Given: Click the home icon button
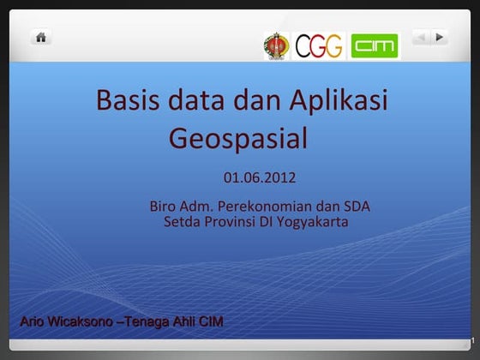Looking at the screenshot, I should [41, 37].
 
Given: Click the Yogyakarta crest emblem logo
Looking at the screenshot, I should [276, 45].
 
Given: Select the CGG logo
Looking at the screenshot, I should [319, 45].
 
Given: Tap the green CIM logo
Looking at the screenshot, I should [375, 45].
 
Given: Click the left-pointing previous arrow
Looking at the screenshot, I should [420, 37].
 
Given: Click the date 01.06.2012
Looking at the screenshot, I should [259, 179].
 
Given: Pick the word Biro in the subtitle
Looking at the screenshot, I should [163, 207].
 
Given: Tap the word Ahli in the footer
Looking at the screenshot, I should [183, 322].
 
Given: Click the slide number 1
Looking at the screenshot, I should [471, 341].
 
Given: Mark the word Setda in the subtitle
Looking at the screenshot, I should [179, 223].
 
